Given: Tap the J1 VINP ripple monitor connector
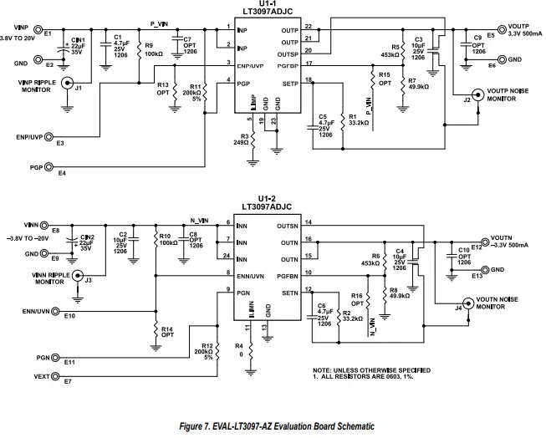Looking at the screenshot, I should click(67, 88).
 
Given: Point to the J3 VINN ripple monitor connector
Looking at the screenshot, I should click(77, 275).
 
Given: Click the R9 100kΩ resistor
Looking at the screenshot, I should click(139, 49).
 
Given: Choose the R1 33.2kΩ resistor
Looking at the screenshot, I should click(343, 121).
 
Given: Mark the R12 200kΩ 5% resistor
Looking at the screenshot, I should click(217, 354).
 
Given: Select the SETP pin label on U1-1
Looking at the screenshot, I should click(289, 84).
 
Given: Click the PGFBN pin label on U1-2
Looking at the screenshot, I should click(288, 272).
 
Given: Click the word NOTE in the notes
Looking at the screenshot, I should click(324, 369).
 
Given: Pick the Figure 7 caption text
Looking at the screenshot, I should click(273, 426).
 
